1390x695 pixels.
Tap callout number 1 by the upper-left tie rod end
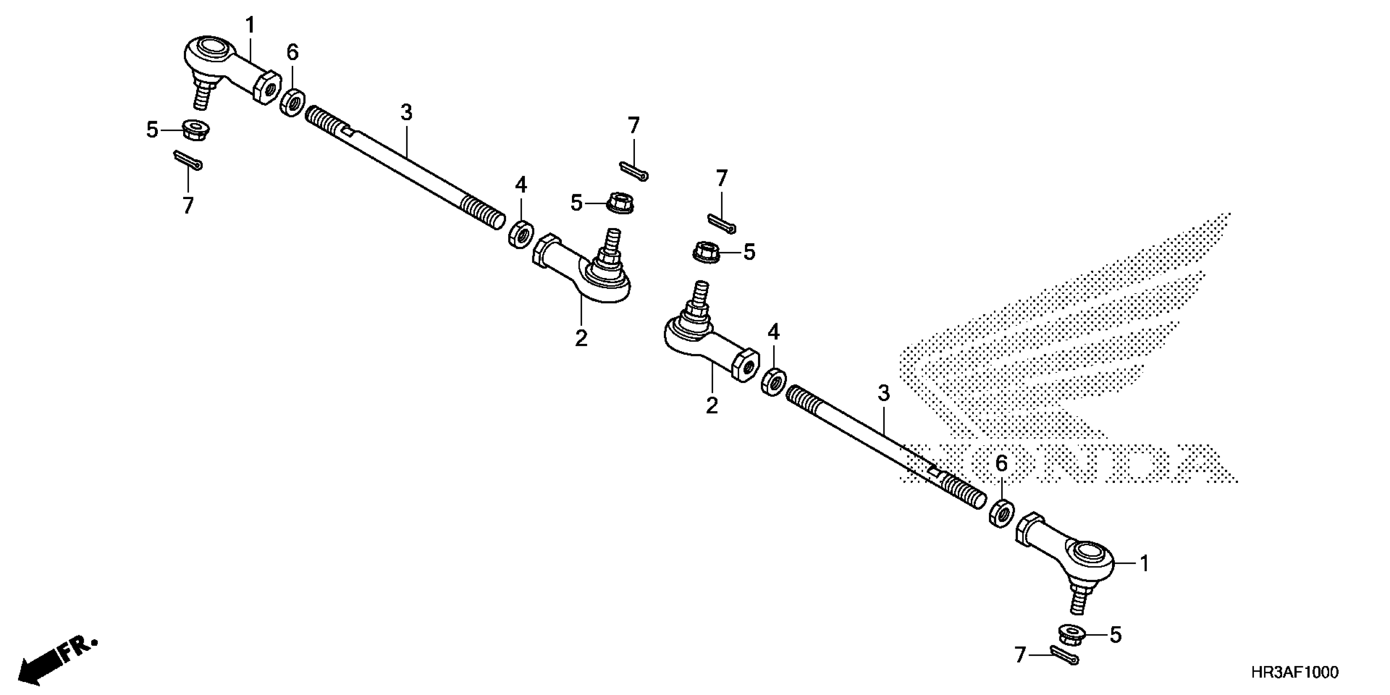pyautogui.click(x=249, y=25)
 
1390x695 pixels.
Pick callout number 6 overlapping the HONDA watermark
pyautogui.click(x=1001, y=463)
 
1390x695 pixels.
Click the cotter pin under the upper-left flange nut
pyautogui.click(x=188, y=160)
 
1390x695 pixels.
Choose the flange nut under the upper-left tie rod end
pyautogui.click(x=195, y=130)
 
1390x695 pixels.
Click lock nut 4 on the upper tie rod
pyautogui.click(x=521, y=234)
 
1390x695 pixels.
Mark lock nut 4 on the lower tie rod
pyautogui.click(x=773, y=381)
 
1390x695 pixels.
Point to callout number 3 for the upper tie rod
pyautogui.click(x=406, y=113)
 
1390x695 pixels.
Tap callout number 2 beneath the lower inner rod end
pyautogui.click(x=712, y=405)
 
